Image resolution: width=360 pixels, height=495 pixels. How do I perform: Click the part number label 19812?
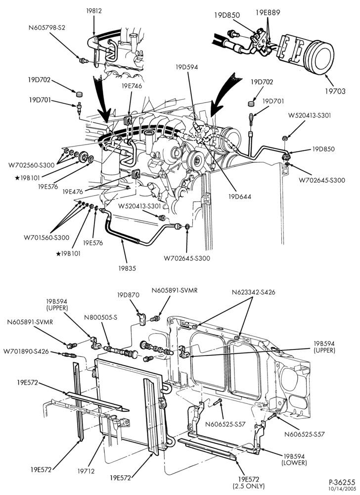click(x=94, y=11)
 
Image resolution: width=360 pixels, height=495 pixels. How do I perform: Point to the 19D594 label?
click(x=187, y=67)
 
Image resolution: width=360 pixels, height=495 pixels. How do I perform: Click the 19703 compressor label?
click(x=335, y=91)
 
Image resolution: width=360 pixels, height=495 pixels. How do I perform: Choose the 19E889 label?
click(x=268, y=13)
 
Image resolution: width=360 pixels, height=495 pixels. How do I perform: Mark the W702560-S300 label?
click(x=29, y=164)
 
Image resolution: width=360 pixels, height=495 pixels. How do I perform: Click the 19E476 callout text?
click(x=73, y=192)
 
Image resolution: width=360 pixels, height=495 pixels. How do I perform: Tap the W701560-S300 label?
click(x=46, y=237)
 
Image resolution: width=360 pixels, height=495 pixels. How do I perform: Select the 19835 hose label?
click(x=127, y=268)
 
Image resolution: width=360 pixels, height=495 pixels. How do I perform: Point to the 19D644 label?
click(x=240, y=197)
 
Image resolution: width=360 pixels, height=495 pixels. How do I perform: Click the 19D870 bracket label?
click(x=128, y=295)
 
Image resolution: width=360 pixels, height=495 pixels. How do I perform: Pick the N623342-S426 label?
click(x=254, y=293)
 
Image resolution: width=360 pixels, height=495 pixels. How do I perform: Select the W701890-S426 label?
click(x=26, y=351)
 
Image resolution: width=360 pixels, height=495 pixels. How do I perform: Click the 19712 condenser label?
click(x=86, y=471)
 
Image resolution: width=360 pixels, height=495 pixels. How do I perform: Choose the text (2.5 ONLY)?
click(x=249, y=485)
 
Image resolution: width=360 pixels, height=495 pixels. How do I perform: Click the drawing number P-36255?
click(x=342, y=482)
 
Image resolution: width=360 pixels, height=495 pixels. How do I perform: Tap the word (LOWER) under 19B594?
click(x=295, y=463)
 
